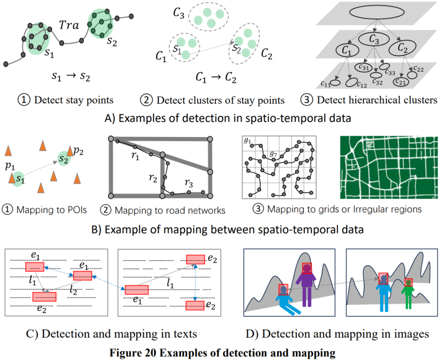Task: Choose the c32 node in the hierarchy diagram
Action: (x=375, y=75)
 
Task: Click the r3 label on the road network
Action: (x=188, y=183)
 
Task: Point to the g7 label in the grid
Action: (x=274, y=154)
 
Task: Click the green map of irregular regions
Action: (x=388, y=168)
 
